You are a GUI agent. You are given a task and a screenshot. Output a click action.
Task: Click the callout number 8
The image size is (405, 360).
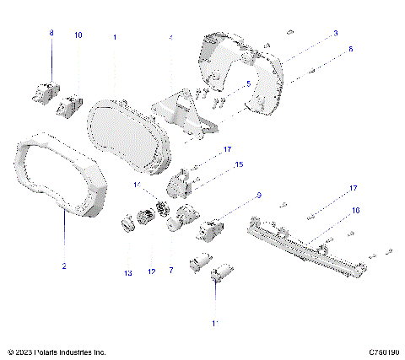click(51, 34)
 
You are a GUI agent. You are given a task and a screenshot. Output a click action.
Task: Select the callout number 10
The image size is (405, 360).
click(78, 35)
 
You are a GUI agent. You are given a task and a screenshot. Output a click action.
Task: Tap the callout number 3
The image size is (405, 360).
click(335, 33)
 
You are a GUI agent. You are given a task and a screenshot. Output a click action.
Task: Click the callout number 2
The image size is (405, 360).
click(63, 266)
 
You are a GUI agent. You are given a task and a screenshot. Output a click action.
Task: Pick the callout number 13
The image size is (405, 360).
click(128, 273)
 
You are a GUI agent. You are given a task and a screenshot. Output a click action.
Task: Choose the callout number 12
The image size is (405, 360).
click(153, 271)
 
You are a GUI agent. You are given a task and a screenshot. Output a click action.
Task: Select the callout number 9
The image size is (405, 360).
click(258, 196)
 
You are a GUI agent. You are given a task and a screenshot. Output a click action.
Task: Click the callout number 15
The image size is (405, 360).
click(238, 165)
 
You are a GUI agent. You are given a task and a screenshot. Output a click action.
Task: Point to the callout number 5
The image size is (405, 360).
click(247, 84)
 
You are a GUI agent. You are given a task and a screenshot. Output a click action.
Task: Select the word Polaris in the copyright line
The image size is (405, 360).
click(51, 352)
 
